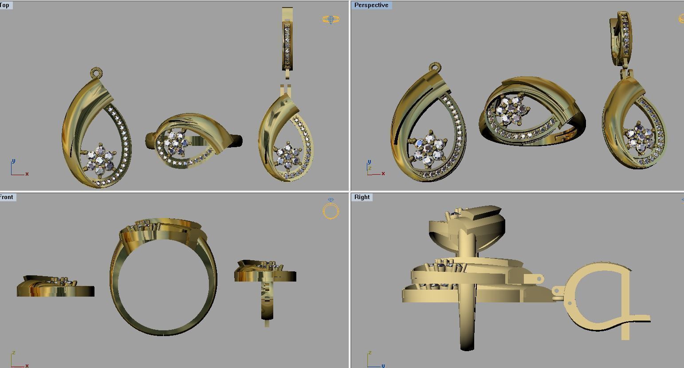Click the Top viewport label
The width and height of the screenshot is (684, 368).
click(x=5, y=5)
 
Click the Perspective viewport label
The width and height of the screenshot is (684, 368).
click(x=371, y=5)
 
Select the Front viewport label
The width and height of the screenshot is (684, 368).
click(x=7, y=197)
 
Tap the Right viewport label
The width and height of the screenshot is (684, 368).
click(x=362, y=197)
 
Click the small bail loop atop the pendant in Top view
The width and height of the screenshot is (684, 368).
click(x=96, y=73)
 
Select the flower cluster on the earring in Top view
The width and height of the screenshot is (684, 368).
click(x=288, y=156)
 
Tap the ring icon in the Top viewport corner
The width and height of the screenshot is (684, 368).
click(x=331, y=20)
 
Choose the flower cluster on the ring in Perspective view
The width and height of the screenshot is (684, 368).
click(x=512, y=109)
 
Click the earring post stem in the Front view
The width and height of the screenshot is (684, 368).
click(x=267, y=301)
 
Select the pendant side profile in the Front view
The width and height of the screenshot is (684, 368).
click(x=55, y=287)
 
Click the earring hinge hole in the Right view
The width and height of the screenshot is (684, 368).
click(x=570, y=303)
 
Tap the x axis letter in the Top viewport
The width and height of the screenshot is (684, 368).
click(x=27, y=174)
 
